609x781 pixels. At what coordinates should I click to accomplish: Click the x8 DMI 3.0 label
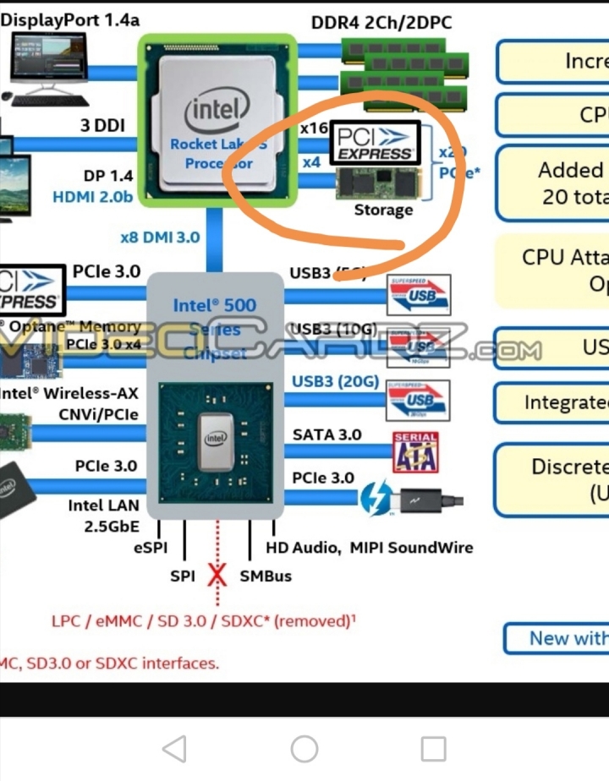[160, 237]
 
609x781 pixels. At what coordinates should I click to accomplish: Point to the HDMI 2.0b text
[93, 197]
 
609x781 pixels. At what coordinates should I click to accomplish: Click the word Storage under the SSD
[383, 210]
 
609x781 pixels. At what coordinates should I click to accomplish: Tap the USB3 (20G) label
[335, 381]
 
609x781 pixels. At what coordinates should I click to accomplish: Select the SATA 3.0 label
[326, 434]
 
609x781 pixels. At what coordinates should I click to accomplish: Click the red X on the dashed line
[217, 575]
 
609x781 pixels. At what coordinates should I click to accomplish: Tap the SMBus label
[266, 576]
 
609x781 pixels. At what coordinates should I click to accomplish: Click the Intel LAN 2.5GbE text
[102, 516]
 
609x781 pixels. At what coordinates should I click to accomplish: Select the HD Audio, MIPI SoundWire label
[370, 548]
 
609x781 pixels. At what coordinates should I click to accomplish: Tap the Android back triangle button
[174, 748]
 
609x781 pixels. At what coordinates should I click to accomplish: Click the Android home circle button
[304, 748]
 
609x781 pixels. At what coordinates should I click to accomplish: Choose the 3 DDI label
[102, 126]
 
